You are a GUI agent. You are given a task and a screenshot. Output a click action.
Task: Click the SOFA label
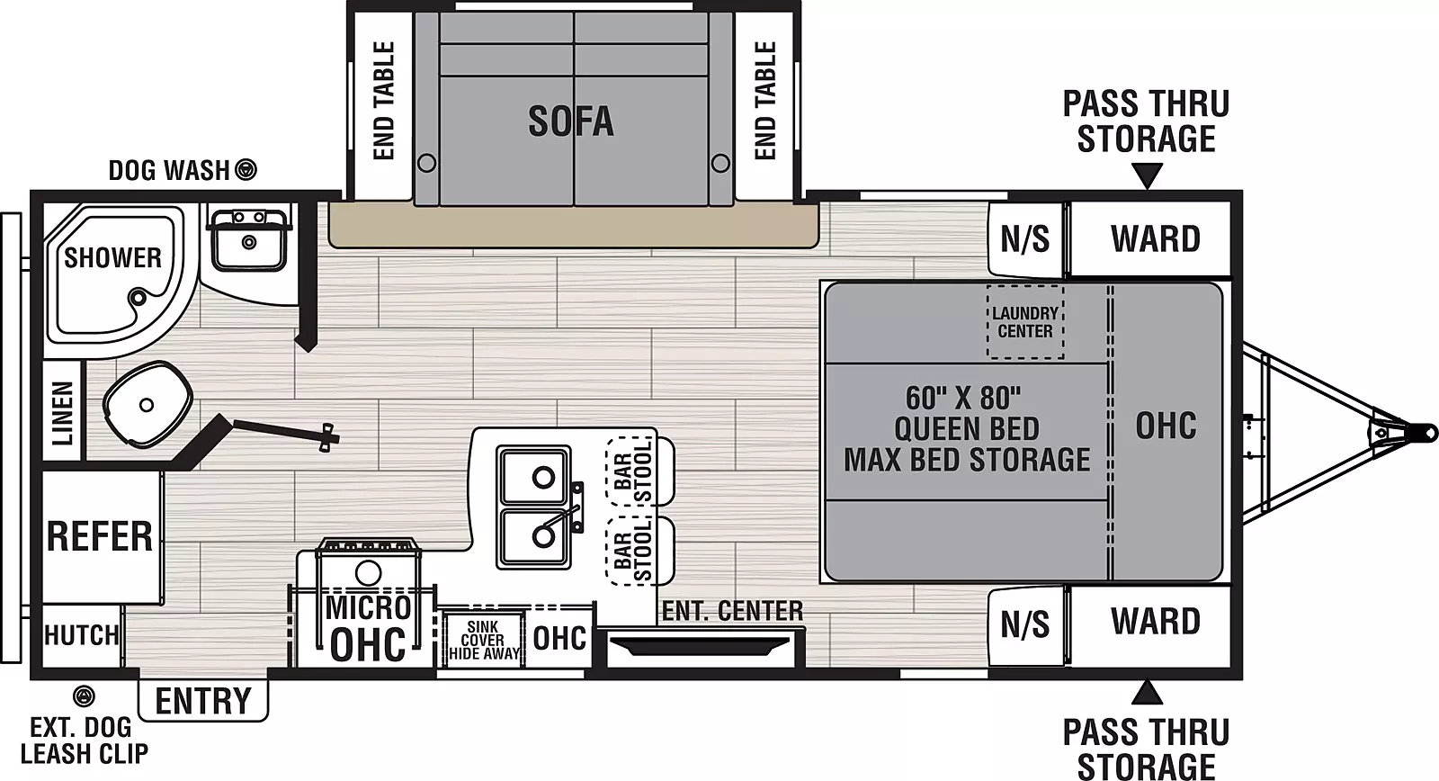pyautogui.click(x=570, y=121)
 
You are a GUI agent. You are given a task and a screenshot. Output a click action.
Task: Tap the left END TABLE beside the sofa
pyautogui.click(x=383, y=101)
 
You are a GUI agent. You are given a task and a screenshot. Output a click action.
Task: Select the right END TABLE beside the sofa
pyautogui.click(x=764, y=101)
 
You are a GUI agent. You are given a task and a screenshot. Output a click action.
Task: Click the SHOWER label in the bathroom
pyautogui.click(x=112, y=257)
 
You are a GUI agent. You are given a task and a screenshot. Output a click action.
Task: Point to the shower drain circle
pyautogui.click(x=137, y=297)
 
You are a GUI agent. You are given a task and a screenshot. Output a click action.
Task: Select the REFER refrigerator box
pyautogui.click(x=100, y=536)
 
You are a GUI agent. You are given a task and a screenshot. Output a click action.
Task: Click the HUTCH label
pyautogui.click(x=81, y=635)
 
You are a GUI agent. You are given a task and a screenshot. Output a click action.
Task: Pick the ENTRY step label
pyautogui.click(x=203, y=700)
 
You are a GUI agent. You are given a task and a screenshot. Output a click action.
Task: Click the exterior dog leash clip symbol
pyautogui.click(x=84, y=695)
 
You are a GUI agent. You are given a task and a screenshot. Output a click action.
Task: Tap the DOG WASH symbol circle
pyautogui.click(x=246, y=169)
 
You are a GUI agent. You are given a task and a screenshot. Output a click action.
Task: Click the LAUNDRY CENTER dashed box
pyautogui.click(x=1025, y=322)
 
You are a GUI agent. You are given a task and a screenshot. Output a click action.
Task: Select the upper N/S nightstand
pyautogui.click(x=1024, y=239)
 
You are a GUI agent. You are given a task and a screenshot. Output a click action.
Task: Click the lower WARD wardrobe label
pyautogui.click(x=1155, y=622)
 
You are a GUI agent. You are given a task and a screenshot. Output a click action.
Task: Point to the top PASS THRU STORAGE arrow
pyautogui.click(x=1146, y=175)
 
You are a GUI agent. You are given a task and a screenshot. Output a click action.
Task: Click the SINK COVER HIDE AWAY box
pyautogui.click(x=483, y=640)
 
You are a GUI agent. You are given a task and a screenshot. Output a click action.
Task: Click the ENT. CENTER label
pyautogui.click(x=732, y=611)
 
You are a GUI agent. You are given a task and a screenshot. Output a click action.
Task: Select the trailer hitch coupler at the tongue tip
pyautogui.click(x=1424, y=431)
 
